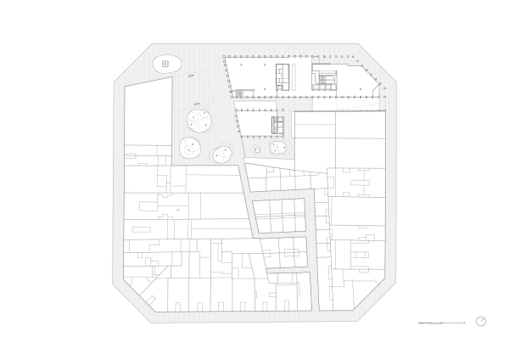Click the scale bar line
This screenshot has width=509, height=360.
442,323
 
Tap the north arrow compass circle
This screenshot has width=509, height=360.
481,321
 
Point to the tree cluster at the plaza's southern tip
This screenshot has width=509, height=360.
222,155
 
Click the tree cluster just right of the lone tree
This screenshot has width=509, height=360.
277,148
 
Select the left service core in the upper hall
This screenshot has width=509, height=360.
284,76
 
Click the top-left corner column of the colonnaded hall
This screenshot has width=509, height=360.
224,58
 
